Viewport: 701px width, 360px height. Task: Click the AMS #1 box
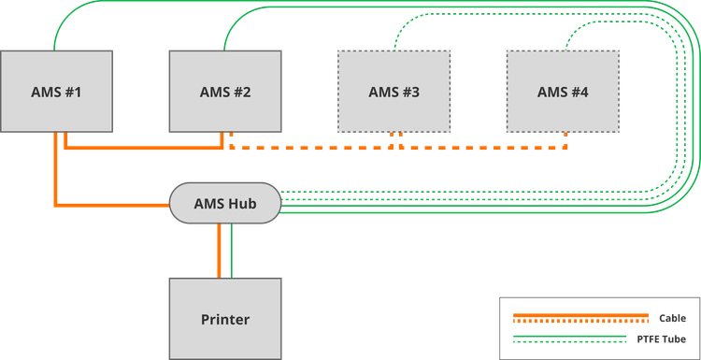point(56,92)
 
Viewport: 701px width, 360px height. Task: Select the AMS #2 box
point(225,92)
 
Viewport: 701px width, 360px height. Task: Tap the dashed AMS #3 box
point(393,92)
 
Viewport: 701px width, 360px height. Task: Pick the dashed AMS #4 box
point(563,92)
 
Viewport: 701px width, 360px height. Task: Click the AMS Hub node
point(225,203)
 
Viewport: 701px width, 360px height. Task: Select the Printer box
point(225,319)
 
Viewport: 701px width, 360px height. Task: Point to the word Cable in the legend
point(672,319)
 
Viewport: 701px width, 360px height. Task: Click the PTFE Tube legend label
point(661,339)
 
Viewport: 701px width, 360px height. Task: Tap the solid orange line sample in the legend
point(580,315)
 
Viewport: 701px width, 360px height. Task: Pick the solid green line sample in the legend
point(569,336)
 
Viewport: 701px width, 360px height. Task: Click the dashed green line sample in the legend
point(569,342)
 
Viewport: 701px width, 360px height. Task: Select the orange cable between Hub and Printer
point(219,251)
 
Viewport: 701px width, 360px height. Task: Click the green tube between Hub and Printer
point(232,251)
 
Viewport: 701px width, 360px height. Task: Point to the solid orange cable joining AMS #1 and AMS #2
point(144,147)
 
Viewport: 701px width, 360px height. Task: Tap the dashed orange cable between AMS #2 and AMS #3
point(311,147)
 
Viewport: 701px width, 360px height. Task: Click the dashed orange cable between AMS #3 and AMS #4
point(483,147)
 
